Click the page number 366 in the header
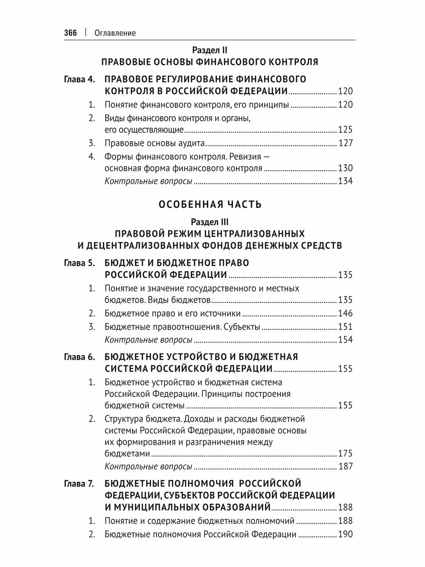tap(70, 33)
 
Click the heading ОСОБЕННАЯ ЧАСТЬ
tap(210, 205)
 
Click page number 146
tap(345, 313)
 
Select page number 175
tap(345, 454)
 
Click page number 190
tap(345, 535)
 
